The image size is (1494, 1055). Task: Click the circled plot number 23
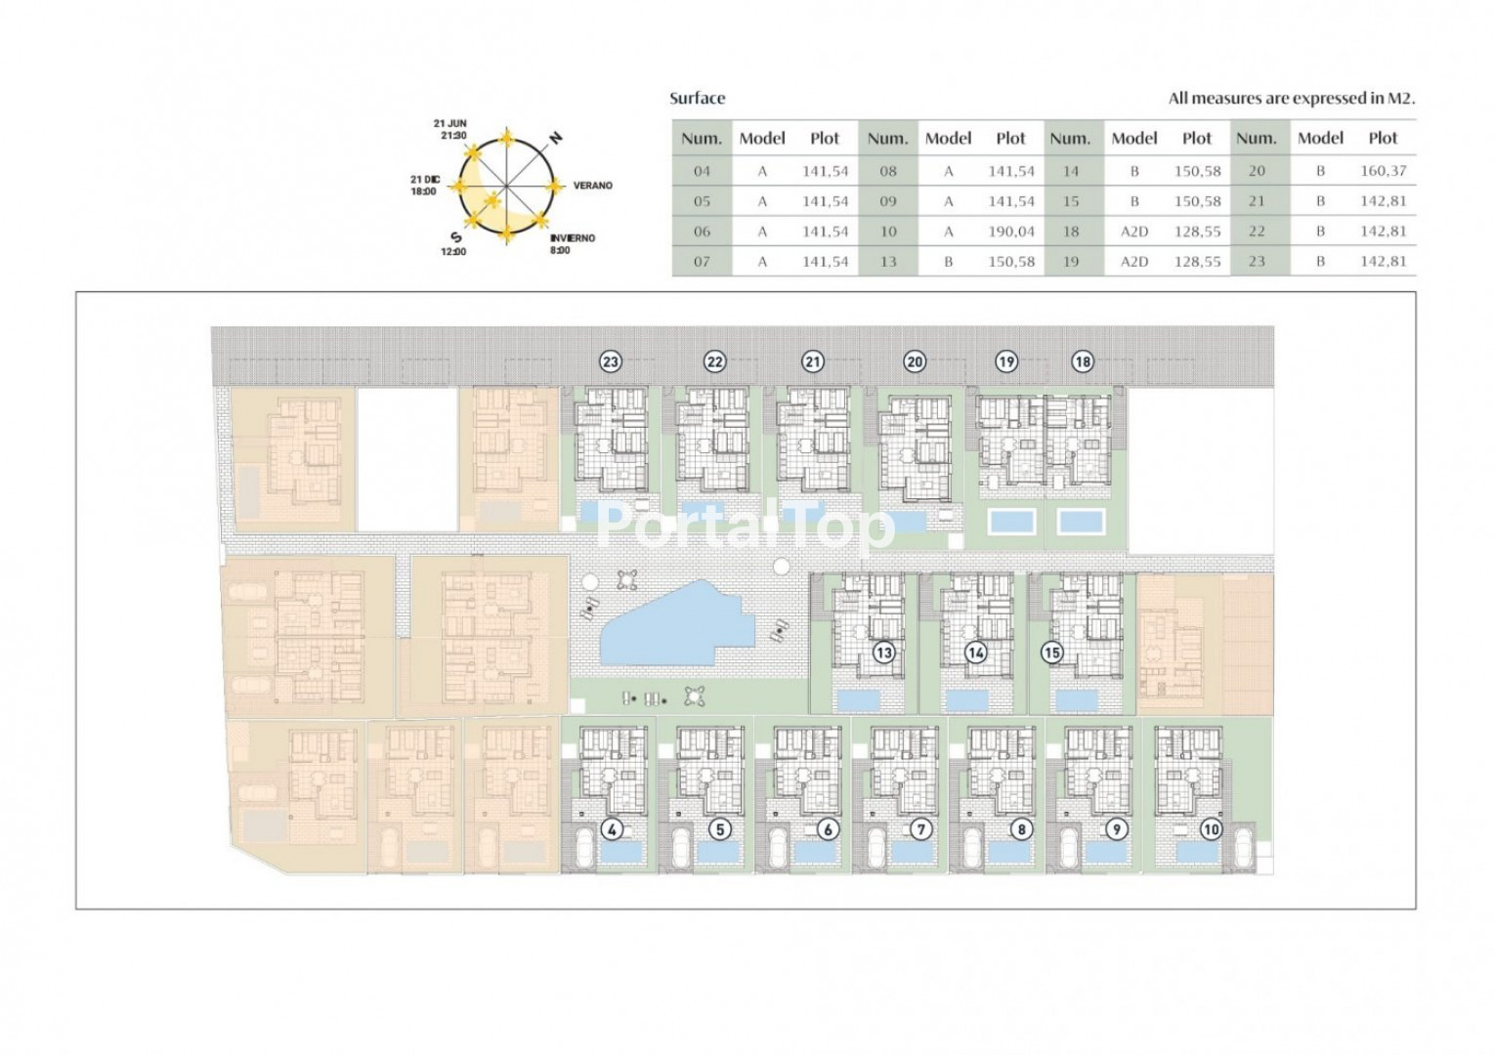coord(611,362)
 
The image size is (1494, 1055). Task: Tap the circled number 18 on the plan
coord(1083,362)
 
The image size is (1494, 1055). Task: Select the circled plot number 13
coord(884,653)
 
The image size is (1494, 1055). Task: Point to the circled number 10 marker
coord(1212,829)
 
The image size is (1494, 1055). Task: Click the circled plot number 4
coord(612,829)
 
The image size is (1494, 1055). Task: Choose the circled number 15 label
coord(1051,653)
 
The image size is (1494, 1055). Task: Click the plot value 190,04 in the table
coord(1011,232)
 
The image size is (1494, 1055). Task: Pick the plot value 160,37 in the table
coord(1383,171)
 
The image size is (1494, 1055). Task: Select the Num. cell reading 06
coord(702,232)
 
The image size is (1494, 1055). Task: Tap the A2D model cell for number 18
coord(1133,232)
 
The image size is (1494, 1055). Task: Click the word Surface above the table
coord(697,99)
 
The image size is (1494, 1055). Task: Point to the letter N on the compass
coord(556,139)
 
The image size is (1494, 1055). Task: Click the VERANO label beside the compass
coord(593,186)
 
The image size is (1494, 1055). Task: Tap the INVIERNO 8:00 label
coord(573,244)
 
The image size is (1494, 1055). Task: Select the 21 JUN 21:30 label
coord(450,129)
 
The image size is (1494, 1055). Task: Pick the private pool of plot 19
coord(1012,522)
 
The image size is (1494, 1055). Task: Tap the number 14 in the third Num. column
coord(1071,171)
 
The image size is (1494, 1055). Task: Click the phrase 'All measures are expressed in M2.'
coord(1291,99)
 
